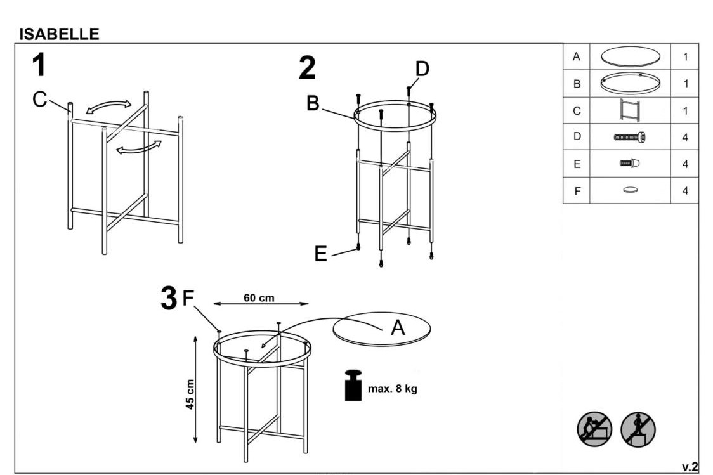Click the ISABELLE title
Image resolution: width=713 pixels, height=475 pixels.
[59, 34]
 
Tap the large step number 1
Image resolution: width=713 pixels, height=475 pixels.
[39, 65]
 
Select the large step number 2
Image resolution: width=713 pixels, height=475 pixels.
[308, 68]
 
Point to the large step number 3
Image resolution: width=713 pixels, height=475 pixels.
[169, 298]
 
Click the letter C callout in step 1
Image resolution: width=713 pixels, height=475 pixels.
[39, 99]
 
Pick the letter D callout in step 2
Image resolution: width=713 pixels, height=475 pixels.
[422, 69]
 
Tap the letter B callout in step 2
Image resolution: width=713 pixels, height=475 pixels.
[313, 103]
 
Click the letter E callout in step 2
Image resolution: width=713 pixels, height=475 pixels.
[320, 254]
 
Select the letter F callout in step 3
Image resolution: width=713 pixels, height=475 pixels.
[188, 299]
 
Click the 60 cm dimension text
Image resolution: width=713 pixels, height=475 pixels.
[259, 297]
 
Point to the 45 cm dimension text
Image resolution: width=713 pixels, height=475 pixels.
[190, 394]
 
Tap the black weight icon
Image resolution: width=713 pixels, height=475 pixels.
[353, 386]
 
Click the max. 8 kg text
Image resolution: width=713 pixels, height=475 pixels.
[393, 389]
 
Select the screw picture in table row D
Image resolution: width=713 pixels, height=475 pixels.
[630, 137]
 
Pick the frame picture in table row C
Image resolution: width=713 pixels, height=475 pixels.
[630, 110]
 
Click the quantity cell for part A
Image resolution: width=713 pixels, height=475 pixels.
[685, 57]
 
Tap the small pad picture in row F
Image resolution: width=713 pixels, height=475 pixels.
[630, 190]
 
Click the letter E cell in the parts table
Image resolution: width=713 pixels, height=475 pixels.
[577, 164]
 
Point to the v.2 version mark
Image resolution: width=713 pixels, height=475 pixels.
[690, 467]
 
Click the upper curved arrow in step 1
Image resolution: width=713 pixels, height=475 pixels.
[108, 107]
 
